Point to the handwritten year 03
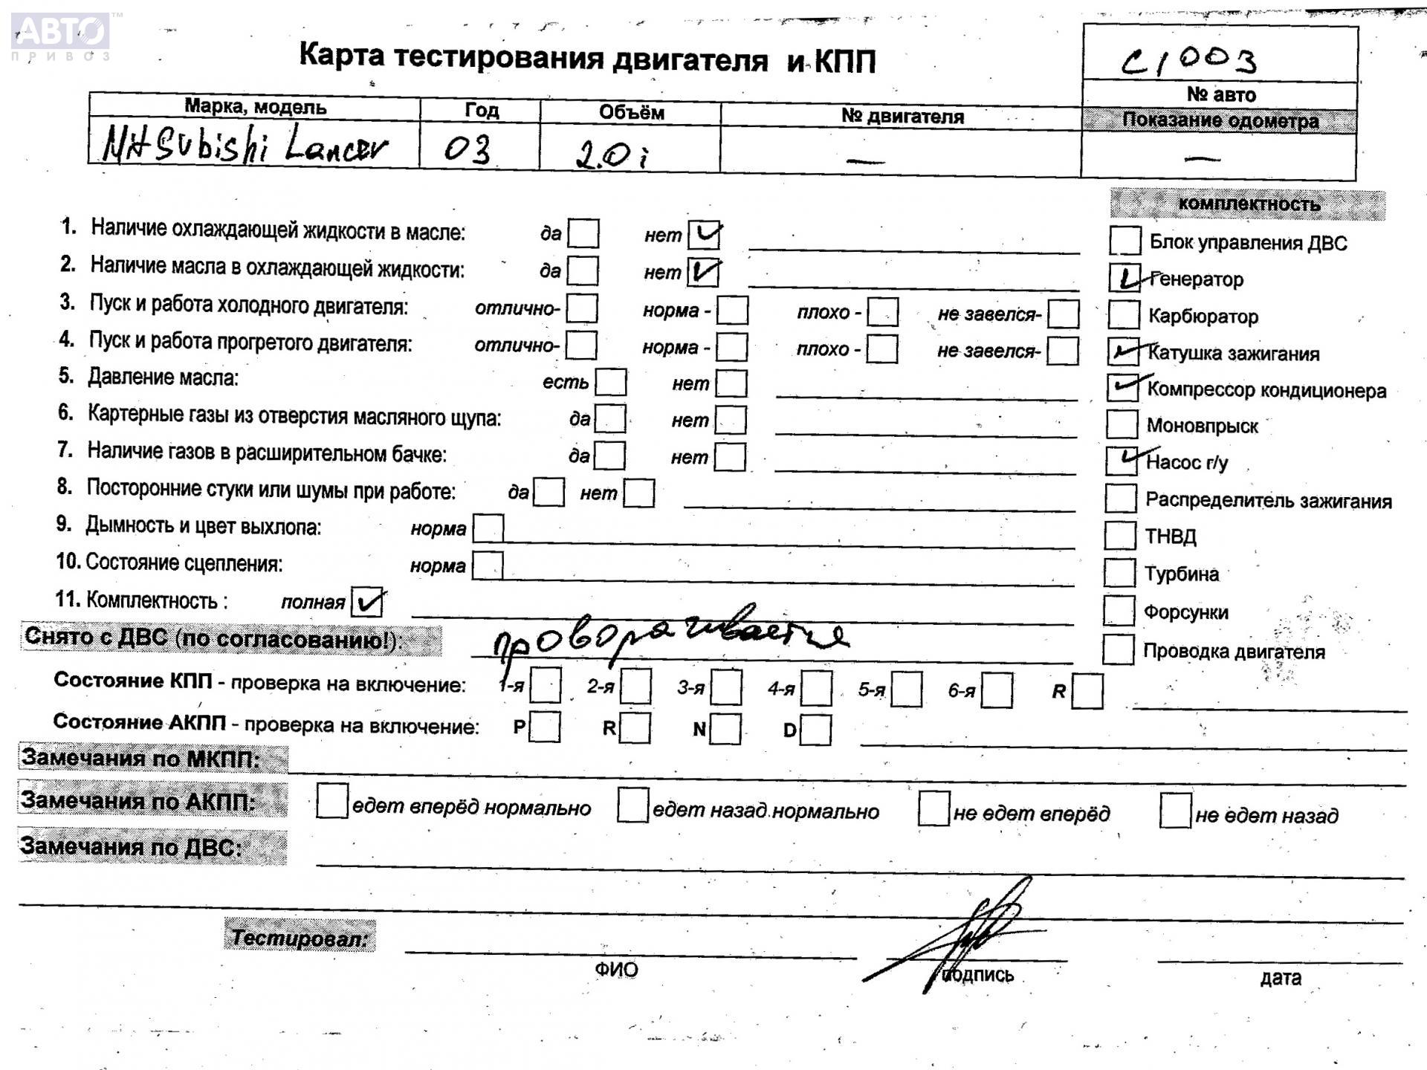(467, 149)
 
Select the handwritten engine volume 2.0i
(612, 155)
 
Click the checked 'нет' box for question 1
(704, 235)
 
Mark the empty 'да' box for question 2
(583, 270)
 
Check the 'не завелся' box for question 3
(1064, 314)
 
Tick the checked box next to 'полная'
(368, 602)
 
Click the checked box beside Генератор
(1125, 279)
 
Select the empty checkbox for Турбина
(1119, 573)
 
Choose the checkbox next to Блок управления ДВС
(1125, 241)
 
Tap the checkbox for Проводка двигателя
(1118, 649)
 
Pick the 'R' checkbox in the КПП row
(1087, 691)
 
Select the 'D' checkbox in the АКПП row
(816, 730)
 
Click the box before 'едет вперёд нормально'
(332, 801)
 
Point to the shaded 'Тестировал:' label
(300, 937)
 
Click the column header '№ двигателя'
(902, 116)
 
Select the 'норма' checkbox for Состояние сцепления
(488, 565)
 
